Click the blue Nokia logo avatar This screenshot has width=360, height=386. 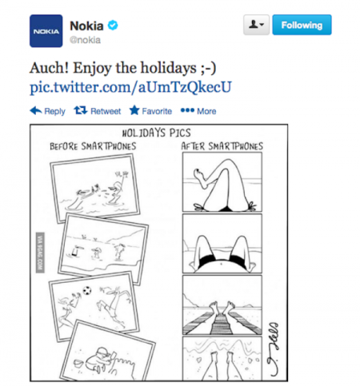coord(46,31)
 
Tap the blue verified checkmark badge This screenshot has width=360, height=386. coord(113,26)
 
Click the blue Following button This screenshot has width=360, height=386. coord(302,25)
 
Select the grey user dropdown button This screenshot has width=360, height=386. coord(256,25)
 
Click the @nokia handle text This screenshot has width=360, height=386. coord(85,40)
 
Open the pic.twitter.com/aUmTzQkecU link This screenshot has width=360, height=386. coord(130,87)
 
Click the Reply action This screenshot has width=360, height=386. coord(47,111)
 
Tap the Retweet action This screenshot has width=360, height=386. coord(98,111)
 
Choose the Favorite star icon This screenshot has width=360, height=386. coord(134,110)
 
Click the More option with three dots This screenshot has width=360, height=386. coord(198,111)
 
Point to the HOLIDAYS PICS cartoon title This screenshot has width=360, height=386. coord(156,133)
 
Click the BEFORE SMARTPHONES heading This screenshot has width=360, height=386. coord(93,146)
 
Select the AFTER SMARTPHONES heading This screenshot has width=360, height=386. coord(222,146)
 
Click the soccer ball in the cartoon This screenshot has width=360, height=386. coord(87,290)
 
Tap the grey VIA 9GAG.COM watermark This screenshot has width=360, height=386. coord(40,253)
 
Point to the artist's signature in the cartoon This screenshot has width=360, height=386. coord(274,349)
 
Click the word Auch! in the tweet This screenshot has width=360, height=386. coord(50,68)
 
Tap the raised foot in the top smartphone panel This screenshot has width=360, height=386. coord(202,177)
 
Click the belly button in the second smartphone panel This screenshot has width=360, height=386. coord(221,264)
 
